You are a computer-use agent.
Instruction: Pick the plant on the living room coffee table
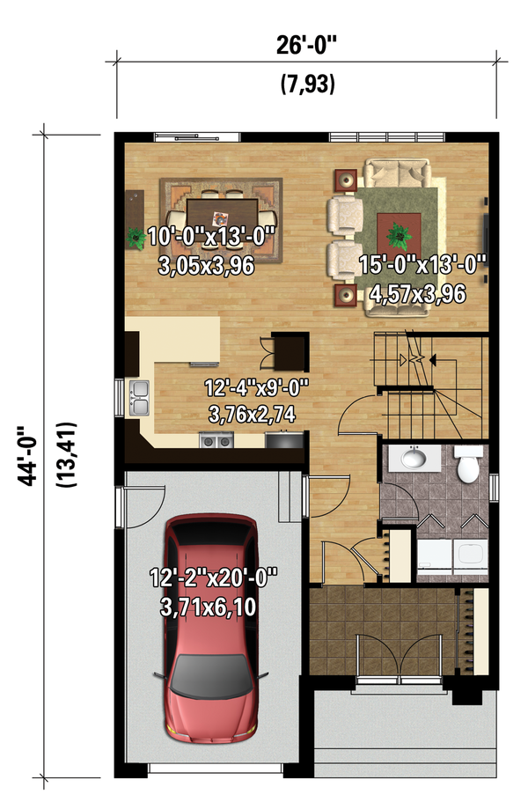[x=398, y=234]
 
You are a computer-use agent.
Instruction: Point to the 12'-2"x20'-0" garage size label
[x=214, y=578]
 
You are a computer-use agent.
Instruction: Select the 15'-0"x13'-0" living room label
[x=423, y=264]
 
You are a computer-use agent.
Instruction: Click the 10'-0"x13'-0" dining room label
[x=212, y=236]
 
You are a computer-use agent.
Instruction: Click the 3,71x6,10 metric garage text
[x=214, y=607]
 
